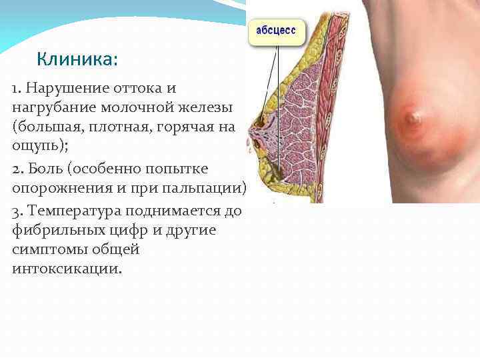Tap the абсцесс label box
pyautogui.click(x=277, y=31)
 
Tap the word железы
pyautogui.click(x=209, y=107)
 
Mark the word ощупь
pyautogui.click(x=36, y=145)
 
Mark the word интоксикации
pyautogui.click(x=67, y=269)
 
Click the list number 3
pyautogui.click(x=17, y=212)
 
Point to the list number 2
pyautogui.click(x=17, y=167)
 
